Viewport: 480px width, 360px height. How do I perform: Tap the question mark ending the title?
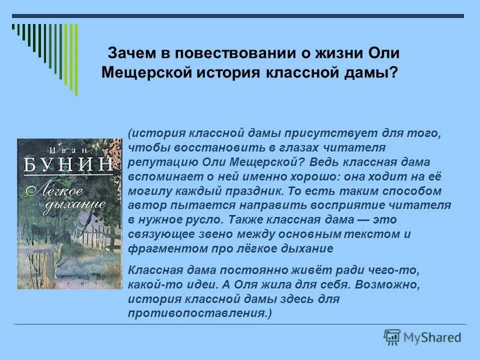pyautogui.click(x=394, y=73)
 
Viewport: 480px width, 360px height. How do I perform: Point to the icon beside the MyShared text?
pyautogui.click(x=392, y=336)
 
